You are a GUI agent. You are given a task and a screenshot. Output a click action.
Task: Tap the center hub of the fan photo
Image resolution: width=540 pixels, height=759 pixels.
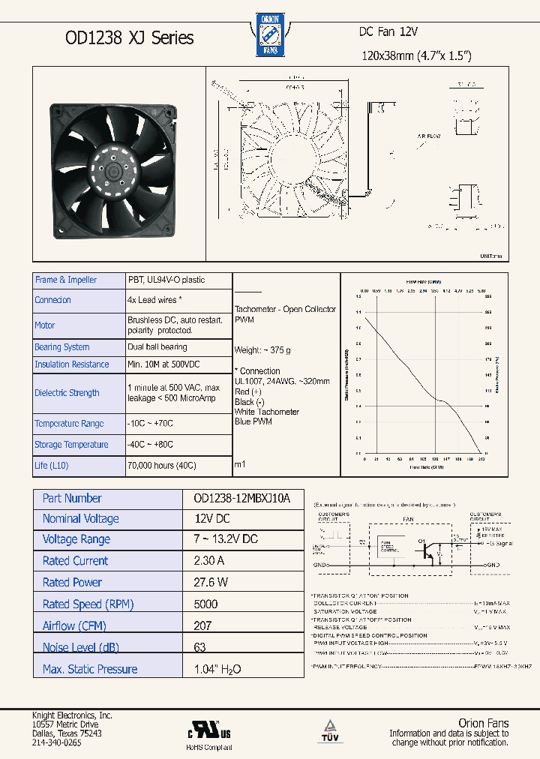point(115,172)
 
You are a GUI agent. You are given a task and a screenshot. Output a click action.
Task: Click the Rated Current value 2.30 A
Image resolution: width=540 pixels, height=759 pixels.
point(209,561)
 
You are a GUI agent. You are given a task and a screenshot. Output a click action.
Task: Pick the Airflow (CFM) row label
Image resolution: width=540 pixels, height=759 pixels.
point(74,626)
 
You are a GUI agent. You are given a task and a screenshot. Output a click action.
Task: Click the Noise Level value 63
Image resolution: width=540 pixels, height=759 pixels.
point(199,647)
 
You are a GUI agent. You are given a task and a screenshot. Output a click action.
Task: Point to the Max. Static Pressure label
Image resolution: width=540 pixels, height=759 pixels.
point(90,669)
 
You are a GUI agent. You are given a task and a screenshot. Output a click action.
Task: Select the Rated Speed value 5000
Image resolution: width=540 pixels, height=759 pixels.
point(205,604)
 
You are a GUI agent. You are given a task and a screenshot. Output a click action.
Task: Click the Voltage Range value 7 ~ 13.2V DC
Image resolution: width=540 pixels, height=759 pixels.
point(226,539)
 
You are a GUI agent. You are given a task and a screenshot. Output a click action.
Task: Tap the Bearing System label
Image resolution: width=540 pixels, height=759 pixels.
point(62,347)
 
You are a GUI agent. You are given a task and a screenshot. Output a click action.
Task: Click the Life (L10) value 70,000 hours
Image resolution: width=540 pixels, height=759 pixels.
point(161,465)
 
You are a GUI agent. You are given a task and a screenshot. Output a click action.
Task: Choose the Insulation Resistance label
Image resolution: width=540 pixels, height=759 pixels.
point(72,364)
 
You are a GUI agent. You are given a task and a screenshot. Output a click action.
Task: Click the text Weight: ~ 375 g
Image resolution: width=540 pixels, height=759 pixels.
point(263,350)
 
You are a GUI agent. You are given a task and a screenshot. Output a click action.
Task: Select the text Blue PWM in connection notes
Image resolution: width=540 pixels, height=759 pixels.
point(253,421)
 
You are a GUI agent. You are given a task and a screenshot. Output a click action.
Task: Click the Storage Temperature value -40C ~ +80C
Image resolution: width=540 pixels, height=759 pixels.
point(150,444)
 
